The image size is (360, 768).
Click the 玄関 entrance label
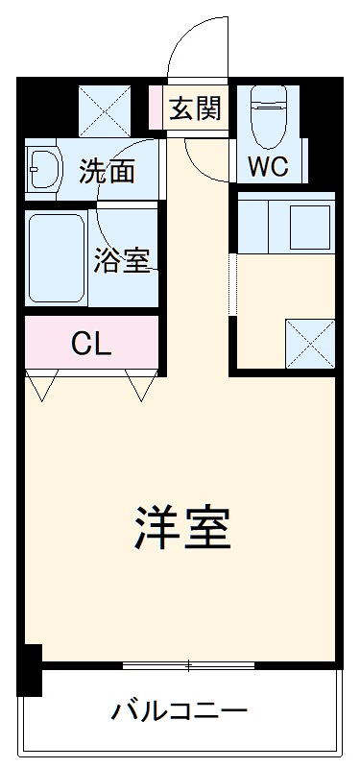coord(196,108)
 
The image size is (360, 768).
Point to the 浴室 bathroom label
coord(123,259)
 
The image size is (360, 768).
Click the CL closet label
coord(91,344)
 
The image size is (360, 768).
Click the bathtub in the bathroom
coord(58,257)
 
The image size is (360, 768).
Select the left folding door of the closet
coord(41,387)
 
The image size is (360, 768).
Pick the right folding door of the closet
coord(142,387)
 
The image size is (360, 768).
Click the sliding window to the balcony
coord(188,664)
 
